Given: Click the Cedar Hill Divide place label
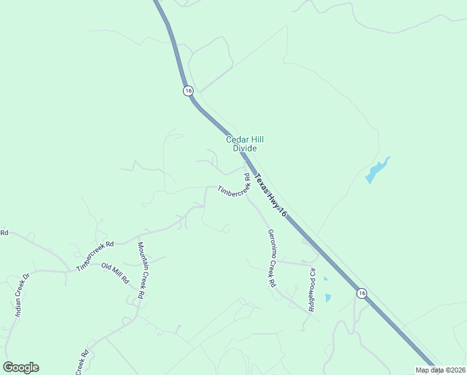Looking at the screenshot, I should tap(241, 144).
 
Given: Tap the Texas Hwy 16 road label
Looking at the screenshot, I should tap(270, 196).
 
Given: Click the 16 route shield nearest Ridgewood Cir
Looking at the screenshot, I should tap(361, 292).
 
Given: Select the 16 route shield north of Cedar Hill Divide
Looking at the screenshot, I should tap(188, 91).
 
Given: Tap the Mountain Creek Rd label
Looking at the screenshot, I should tap(142, 270).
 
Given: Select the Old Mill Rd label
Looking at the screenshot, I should tap(115, 272).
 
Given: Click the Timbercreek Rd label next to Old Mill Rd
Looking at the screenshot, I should tap(96, 256).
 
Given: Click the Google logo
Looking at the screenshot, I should tap(21, 367).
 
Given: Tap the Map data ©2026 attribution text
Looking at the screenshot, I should tap(440, 370).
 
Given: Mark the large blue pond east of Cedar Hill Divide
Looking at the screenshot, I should tap(376, 171).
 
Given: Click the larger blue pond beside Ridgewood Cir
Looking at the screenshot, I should tap(328, 298).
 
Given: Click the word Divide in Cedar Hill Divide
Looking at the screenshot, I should tap(245, 148).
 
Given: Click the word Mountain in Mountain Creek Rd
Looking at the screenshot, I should tap(141, 256).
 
